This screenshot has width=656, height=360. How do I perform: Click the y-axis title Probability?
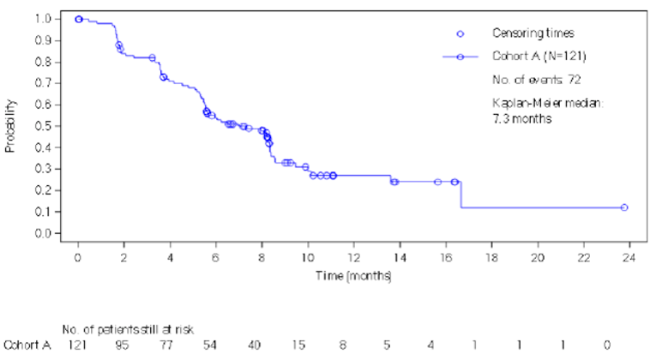point(10,127)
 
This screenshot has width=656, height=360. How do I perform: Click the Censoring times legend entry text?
point(521,33)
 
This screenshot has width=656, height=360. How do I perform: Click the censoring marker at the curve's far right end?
point(624,207)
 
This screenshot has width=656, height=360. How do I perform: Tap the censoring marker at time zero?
point(79,19)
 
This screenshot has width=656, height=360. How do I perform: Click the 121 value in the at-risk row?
point(78,345)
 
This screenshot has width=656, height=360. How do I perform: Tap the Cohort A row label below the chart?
point(23,345)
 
